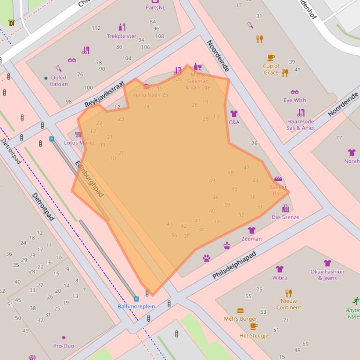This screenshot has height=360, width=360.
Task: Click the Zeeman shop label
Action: [x=251, y=239]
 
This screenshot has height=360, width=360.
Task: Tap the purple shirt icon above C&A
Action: [x=234, y=114]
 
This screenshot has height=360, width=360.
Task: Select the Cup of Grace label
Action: [x=271, y=69]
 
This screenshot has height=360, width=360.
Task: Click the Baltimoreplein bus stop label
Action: [x=136, y=306]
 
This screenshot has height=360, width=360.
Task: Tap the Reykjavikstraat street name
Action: [x=105, y=94]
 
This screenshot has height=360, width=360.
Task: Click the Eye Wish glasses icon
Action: [x=294, y=92]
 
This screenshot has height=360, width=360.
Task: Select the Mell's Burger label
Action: [x=240, y=319]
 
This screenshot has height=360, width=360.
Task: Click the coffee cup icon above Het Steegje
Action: [x=254, y=326]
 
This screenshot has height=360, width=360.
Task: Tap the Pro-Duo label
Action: [x=64, y=346]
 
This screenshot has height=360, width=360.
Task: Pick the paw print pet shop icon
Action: [x=206, y=258]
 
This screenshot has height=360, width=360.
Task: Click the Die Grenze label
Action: [x=285, y=217]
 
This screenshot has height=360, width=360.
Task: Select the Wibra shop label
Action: [x=279, y=278]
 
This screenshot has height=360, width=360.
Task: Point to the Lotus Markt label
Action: [x=79, y=143]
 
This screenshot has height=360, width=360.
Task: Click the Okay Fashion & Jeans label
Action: [x=327, y=275]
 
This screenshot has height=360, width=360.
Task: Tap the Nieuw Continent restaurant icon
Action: [x=289, y=293]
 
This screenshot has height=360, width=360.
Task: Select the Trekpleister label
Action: [x=121, y=36]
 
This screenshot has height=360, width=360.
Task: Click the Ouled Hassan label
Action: [x=59, y=81]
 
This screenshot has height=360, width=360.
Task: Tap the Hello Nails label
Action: [x=147, y=95]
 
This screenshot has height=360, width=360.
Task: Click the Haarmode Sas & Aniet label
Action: [x=301, y=125]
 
